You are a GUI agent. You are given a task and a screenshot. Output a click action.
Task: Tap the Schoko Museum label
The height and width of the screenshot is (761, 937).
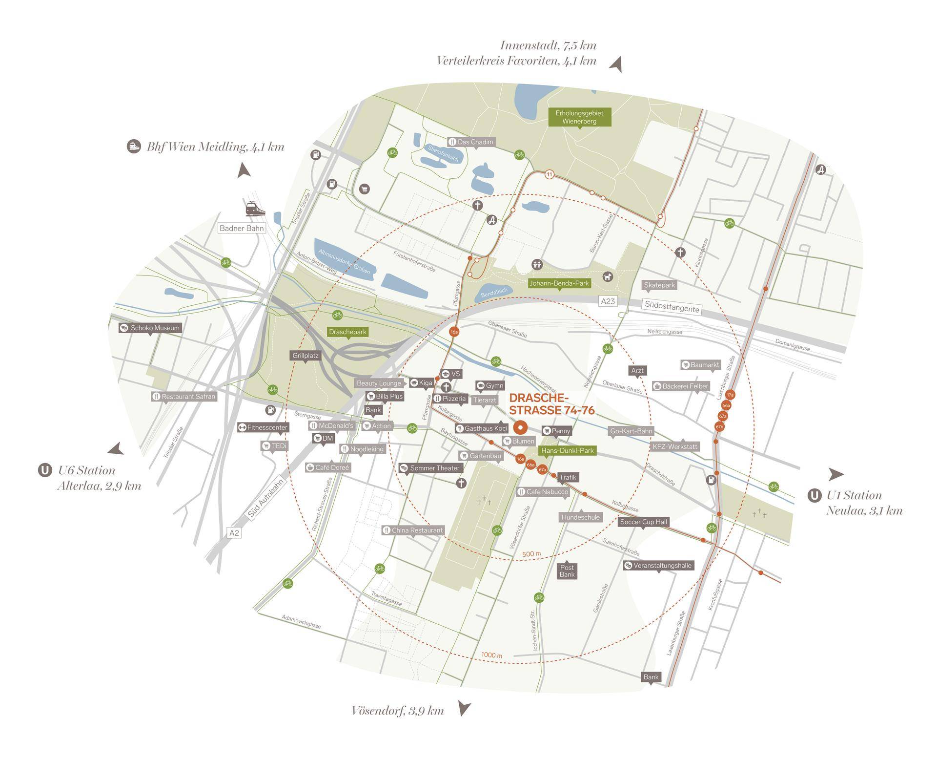(150, 328)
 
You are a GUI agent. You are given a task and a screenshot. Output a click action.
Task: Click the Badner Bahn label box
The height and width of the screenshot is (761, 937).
(242, 228)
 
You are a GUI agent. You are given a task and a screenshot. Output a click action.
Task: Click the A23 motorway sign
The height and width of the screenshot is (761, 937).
(608, 301)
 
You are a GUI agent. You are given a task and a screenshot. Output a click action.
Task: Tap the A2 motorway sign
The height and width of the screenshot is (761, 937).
(234, 533)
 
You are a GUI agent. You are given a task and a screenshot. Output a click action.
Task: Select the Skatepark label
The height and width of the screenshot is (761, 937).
(659, 285)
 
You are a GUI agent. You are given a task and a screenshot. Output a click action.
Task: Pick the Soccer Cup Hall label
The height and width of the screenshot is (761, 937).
(643, 522)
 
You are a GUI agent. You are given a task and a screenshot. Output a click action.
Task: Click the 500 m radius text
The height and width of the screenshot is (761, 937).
(531, 554)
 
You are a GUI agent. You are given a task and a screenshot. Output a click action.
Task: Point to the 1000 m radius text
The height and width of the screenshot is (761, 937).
(491, 655)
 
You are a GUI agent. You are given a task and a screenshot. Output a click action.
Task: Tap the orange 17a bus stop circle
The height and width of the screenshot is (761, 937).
(730, 395)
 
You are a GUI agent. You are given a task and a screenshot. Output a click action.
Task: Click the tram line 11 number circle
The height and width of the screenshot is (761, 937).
(550, 174)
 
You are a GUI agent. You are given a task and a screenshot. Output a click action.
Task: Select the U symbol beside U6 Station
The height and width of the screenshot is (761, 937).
(45, 471)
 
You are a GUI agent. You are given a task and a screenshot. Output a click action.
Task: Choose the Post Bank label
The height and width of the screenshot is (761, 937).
(567, 571)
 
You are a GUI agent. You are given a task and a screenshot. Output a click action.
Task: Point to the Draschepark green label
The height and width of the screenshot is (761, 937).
(347, 332)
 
